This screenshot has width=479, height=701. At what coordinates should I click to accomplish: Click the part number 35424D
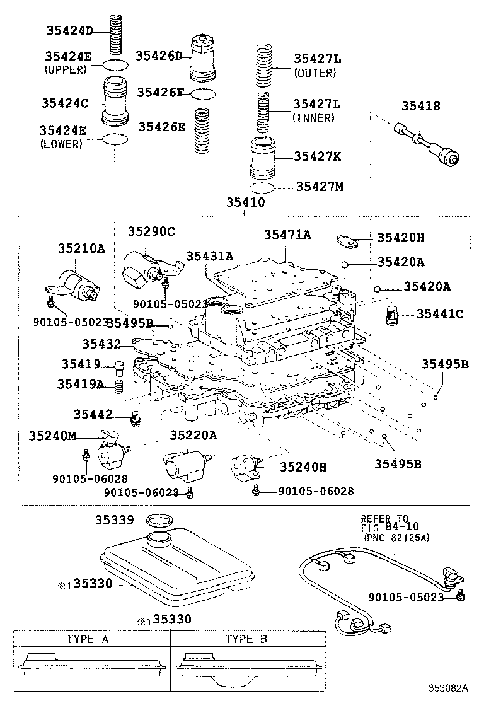[x=69, y=30]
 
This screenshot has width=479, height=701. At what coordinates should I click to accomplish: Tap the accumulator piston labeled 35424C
[x=115, y=101]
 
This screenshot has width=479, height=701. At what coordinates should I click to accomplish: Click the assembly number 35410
[x=245, y=202]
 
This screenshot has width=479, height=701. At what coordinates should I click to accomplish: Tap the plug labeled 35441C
[x=393, y=313]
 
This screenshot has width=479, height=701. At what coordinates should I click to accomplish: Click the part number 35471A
[x=287, y=235]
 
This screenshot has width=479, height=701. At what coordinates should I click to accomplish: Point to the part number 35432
[x=101, y=344]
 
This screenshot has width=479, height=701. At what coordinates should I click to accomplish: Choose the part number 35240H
[x=304, y=466]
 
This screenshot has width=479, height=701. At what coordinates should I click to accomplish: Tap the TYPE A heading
[x=88, y=639]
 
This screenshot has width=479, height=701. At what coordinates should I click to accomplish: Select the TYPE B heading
[x=246, y=639]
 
